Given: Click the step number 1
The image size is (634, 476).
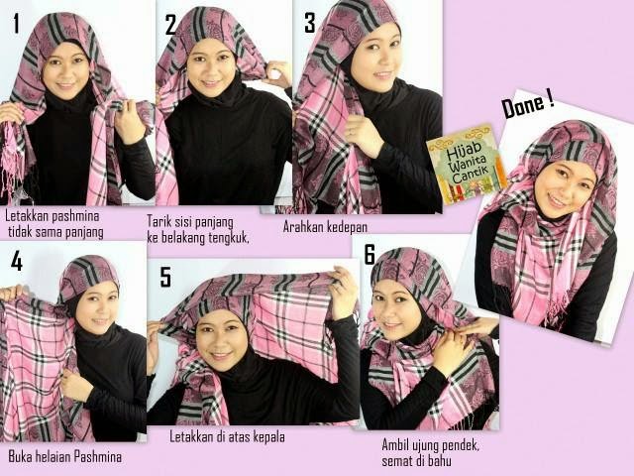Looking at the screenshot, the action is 16,24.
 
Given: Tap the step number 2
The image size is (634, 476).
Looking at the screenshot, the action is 171,24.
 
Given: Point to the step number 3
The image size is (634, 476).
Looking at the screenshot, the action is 310,23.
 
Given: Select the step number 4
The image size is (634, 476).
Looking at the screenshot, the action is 16,261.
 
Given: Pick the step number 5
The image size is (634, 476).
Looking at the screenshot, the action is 165,278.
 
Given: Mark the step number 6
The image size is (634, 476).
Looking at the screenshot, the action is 370,254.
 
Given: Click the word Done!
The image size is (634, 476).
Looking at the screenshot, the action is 528,106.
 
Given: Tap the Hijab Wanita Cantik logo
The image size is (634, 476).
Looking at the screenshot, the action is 468,164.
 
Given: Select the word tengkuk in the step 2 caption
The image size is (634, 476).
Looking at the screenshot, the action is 229,238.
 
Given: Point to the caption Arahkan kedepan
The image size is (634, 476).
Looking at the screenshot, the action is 325,227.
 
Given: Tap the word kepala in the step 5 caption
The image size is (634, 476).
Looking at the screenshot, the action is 268,437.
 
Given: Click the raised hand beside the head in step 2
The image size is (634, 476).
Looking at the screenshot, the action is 277,75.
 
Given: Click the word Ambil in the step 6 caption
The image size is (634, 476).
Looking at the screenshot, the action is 394,446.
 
